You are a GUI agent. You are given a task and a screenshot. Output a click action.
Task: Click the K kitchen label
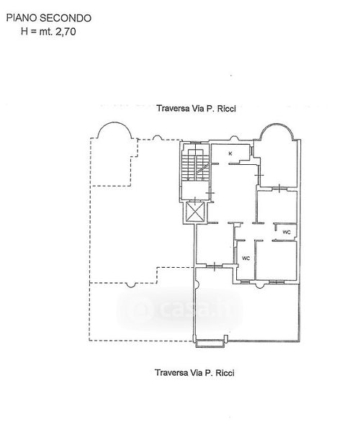click(230, 154)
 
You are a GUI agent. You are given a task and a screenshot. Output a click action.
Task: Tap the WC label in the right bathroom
click(287, 233)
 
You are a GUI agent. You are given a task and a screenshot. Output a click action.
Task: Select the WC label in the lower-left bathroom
click(246, 258)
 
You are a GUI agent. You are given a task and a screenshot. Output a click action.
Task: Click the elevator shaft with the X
click(195, 212)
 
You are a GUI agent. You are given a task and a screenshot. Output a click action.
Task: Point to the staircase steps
click(195, 166)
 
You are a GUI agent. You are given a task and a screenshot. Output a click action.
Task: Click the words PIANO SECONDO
click(49, 18)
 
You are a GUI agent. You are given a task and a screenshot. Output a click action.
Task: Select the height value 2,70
click(66, 32)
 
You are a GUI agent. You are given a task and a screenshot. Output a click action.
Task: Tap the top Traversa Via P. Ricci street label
click(196, 109)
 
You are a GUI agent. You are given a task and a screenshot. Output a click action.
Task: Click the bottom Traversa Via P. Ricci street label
click(194, 373)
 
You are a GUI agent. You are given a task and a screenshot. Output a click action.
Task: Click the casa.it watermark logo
click(179, 309)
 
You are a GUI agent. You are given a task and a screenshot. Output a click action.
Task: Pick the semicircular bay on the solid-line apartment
click(277, 132)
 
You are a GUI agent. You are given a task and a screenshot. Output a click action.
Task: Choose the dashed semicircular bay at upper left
click(115, 130)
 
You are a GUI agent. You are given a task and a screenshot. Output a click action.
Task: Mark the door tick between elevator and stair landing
click(195, 200)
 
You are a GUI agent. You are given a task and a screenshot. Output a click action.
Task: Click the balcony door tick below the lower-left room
click(215, 266)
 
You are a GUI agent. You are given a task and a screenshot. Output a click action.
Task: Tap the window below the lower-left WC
click(244, 282)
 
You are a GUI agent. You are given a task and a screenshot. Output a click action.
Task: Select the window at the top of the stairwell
click(195, 142)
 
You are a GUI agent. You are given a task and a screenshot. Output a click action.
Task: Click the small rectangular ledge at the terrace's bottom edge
click(210, 343)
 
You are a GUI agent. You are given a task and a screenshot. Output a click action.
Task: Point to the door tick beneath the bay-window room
click(279, 189)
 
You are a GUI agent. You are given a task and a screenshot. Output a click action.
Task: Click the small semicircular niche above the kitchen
click(234, 138)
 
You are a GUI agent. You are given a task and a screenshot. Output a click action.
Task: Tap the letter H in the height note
click(24, 32)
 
